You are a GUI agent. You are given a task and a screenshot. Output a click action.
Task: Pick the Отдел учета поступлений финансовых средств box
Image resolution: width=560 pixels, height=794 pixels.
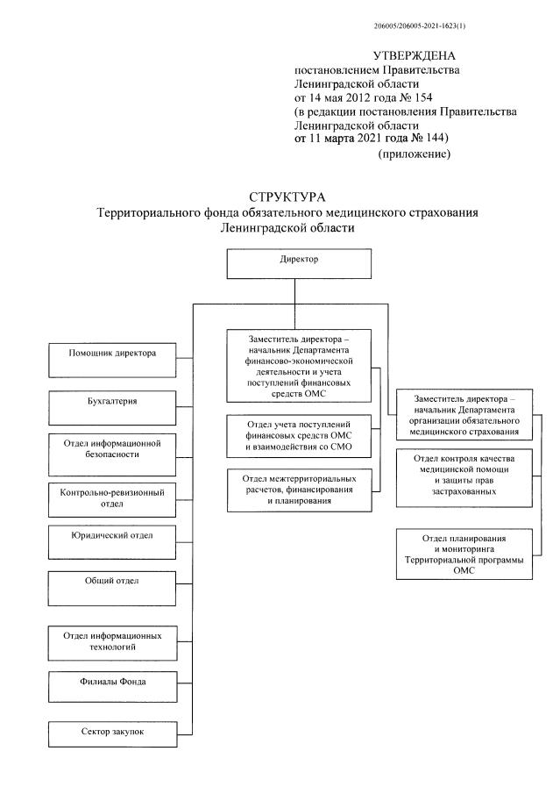tap(299, 436)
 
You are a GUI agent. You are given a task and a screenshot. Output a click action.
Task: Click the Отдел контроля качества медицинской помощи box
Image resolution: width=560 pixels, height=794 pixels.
tap(464, 476)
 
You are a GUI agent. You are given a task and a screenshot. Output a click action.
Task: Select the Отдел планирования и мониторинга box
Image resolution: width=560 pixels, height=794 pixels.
tap(464, 552)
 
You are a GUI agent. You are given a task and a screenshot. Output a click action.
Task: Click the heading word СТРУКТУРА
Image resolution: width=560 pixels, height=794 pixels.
tap(288, 196)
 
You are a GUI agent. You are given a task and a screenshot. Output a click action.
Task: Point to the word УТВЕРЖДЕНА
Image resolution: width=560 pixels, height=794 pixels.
tap(415, 55)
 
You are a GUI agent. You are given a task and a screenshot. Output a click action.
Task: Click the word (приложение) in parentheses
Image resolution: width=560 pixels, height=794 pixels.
tap(414, 154)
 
